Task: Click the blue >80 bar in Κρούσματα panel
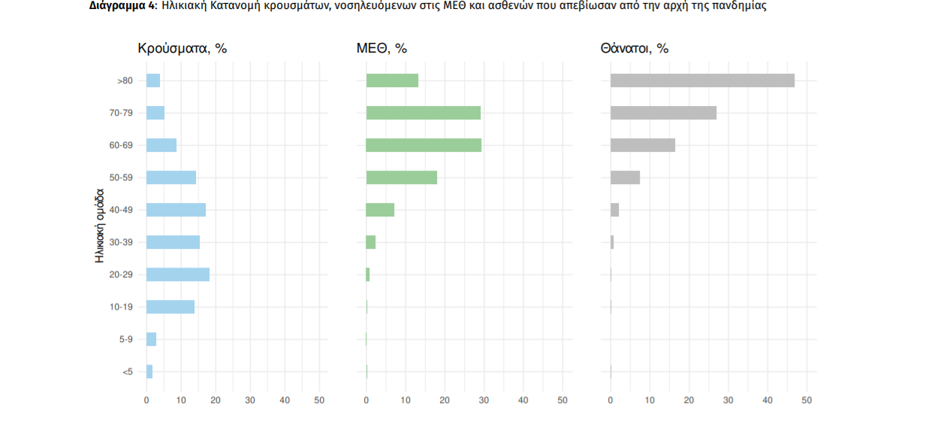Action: click(x=153, y=80)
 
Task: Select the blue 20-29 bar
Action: click(x=178, y=274)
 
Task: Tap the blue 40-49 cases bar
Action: click(x=176, y=210)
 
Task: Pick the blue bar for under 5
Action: click(x=149, y=371)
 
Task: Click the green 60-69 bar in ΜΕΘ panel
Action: click(x=424, y=145)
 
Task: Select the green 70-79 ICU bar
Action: click(x=423, y=113)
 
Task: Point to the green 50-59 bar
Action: click(x=401, y=177)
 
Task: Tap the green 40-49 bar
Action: click(x=380, y=210)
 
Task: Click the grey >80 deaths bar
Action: click(x=702, y=80)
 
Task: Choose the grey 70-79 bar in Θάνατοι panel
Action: click(x=663, y=113)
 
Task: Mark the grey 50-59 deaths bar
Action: click(x=625, y=177)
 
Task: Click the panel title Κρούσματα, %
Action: click(x=182, y=49)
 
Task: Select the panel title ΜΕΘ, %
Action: click(x=382, y=49)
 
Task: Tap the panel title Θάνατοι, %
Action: click(x=634, y=49)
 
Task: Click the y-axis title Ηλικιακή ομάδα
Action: click(x=99, y=226)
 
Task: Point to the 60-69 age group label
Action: click(x=121, y=145)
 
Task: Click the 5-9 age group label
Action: click(x=125, y=339)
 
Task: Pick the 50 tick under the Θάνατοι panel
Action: click(x=807, y=401)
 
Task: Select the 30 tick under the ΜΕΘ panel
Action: click(x=484, y=401)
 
